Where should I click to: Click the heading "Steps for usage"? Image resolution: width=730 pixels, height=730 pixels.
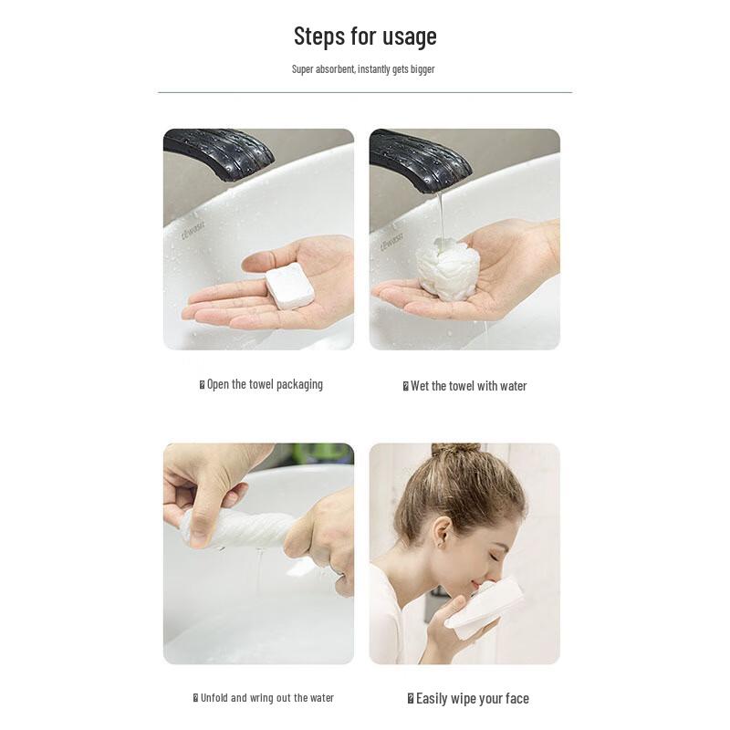pyautogui.click(x=365, y=36)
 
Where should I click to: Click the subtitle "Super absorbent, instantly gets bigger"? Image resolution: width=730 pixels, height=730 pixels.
pyautogui.click(x=363, y=69)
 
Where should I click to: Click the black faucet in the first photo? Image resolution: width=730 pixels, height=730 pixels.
pyautogui.click(x=219, y=152)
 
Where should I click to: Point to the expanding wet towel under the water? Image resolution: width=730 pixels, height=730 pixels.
pyautogui.click(x=448, y=269)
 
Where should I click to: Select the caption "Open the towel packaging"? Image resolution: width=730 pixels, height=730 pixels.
pyautogui.click(x=264, y=384)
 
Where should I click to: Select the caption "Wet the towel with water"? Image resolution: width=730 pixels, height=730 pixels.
pyautogui.click(x=467, y=386)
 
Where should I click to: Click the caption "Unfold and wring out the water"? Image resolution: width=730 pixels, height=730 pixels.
pyautogui.click(x=266, y=698)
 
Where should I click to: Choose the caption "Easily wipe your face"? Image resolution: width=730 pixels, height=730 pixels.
pyautogui.click(x=471, y=698)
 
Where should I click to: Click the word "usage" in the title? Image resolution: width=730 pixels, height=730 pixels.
pyautogui.click(x=407, y=36)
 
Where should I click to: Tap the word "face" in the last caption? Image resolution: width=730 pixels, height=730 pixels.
pyautogui.click(x=516, y=698)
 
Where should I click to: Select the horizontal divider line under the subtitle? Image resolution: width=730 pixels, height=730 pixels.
pyautogui.click(x=365, y=92)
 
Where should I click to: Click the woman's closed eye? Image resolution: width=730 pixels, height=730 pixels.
pyautogui.click(x=495, y=554)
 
